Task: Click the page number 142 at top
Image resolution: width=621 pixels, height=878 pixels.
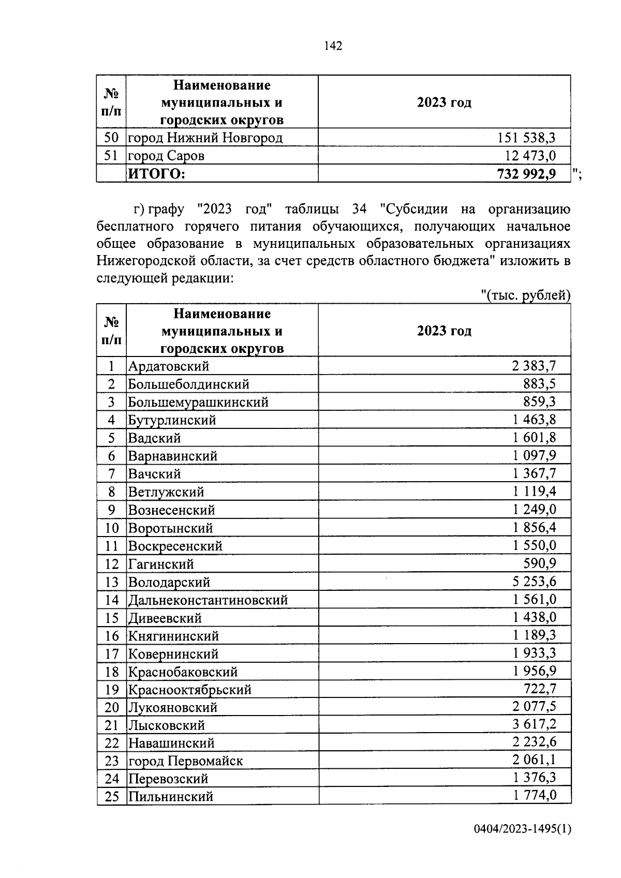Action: [x=333, y=46]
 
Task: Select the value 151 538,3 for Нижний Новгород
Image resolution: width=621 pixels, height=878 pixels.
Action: [x=526, y=138]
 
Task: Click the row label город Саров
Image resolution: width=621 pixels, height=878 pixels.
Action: [x=166, y=156]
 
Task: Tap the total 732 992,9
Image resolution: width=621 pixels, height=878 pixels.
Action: [x=526, y=174]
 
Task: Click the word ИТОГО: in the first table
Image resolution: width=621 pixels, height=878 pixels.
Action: [x=156, y=174]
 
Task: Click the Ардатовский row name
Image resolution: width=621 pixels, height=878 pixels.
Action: [x=169, y=366]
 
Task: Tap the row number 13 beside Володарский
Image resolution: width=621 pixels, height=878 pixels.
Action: [x=112, y=582]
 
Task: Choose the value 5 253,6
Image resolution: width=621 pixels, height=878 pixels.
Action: [x=534, y=582]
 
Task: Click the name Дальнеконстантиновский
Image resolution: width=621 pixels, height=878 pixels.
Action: [x=208, y=600]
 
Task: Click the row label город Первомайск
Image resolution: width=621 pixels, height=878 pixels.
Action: [x=185, y=761]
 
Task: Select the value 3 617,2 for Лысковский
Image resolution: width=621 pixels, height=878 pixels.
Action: [x=534, y=724]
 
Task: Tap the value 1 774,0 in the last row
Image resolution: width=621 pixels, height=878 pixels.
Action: [x=535, y=796]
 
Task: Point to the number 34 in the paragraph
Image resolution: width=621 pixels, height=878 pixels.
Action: [x=359, y=209]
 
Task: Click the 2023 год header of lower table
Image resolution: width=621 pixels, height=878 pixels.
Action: [x=444, y=331]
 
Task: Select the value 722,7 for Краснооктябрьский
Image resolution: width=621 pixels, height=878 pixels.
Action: [x=540, y=689]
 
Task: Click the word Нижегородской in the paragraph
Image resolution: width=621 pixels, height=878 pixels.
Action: [x=142, y=261]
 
